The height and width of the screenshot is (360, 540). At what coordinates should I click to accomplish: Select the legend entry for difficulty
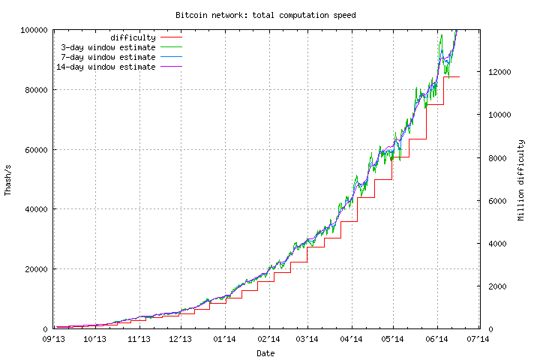(x=133, y=37)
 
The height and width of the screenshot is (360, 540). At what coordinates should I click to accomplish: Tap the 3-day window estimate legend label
(x=108, y=47)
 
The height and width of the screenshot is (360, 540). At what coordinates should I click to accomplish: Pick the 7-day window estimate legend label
(x=108, y=57)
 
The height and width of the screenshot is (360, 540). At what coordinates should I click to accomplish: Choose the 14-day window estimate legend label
(x=106, y=67)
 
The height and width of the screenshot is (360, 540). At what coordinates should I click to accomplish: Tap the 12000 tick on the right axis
(x=499, y=72)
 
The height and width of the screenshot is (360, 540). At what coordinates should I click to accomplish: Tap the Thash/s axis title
(x=8, y=179)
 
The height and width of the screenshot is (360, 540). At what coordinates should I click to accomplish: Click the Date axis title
(x=265, y=352)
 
